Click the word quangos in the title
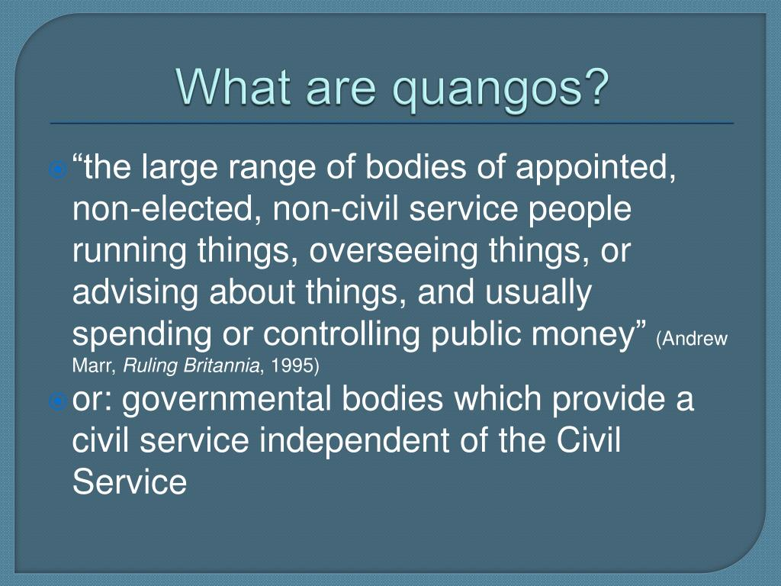click(487, 90)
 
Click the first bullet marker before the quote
click(58, 170)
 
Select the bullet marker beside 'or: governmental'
click(58, 401)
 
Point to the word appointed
click(596, 169)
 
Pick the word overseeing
click(393, 251)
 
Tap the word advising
click(136, 293)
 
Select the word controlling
click(342, 335)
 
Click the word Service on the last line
click(130, 482)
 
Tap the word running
click(130, 251)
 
